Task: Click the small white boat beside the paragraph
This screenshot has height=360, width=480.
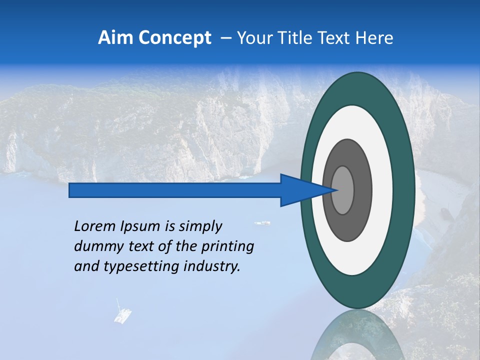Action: pyautogui.click(x=262, y=223)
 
